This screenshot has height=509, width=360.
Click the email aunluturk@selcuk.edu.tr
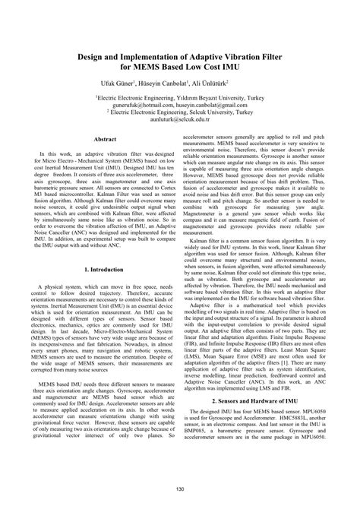click(180, 120)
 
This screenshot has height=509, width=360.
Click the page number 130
click(180, 488)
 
